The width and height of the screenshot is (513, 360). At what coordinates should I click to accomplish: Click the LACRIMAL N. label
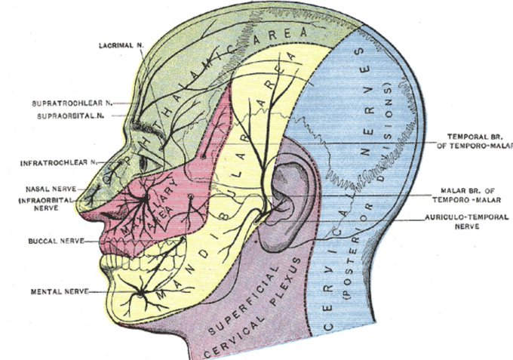click(x=122, y=46)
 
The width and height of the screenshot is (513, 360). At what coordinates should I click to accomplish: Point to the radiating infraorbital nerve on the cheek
click(x=139, y=199)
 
